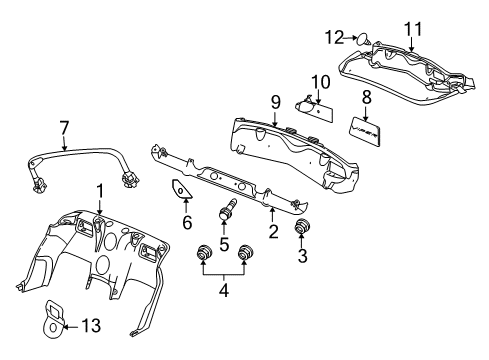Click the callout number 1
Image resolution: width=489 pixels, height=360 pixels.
click(x=99, y=190)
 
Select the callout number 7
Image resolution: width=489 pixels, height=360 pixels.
click(x=65, y=127)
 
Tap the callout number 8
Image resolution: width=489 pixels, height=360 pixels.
click(x=366, y=98)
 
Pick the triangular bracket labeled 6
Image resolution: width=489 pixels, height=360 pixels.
click(x=181, y=192)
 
